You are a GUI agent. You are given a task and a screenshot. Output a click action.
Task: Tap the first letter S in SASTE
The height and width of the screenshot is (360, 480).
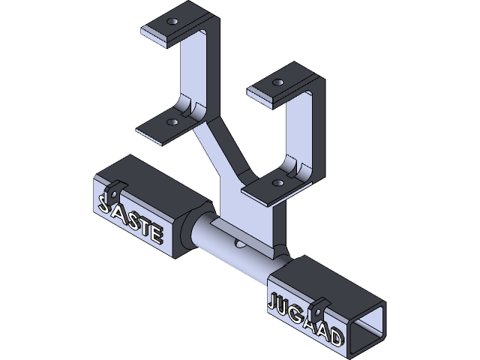[x=103, y=202]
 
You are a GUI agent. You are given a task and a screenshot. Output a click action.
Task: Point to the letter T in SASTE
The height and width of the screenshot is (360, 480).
[x=142, y=224]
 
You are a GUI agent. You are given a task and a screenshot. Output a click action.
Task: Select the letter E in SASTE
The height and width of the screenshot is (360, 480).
[x=155, y=233]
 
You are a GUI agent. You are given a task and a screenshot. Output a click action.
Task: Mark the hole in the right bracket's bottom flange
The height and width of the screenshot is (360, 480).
[x=278, y=181]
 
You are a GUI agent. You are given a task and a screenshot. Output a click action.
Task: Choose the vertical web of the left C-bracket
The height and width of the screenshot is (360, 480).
[x=199, y=67]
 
